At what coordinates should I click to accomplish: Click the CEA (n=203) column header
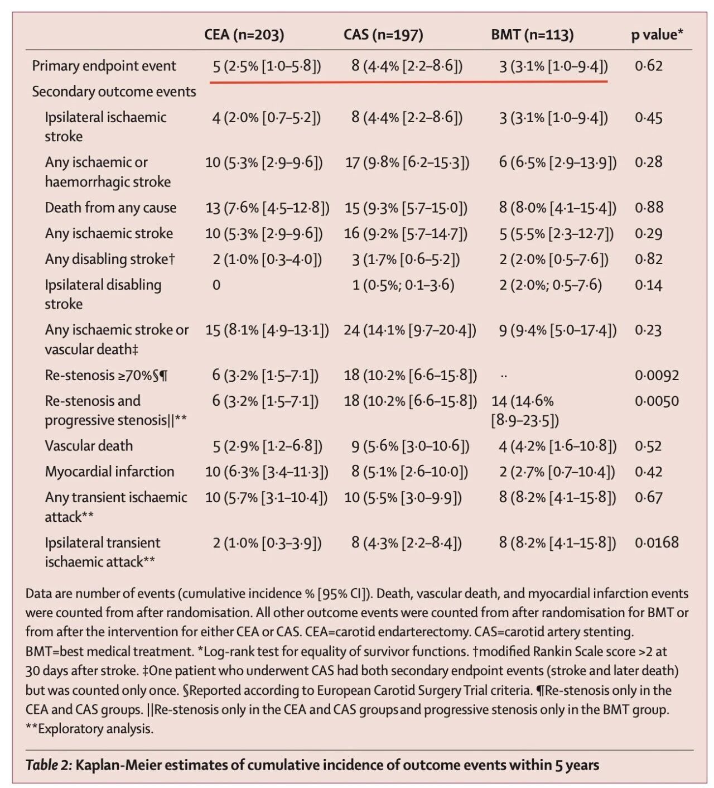244,35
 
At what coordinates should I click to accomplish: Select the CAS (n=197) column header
383,35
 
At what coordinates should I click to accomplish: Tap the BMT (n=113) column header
532,35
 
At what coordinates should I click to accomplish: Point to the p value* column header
657,35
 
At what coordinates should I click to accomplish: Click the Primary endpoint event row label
104,66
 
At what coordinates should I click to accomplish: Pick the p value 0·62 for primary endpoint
649,66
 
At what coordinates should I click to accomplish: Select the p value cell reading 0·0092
657,375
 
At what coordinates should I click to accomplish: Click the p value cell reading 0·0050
657,401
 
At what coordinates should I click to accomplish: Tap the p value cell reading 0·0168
657,542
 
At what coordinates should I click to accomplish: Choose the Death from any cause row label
110,208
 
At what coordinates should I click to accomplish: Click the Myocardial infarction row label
109,472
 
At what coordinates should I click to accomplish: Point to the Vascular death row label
89,446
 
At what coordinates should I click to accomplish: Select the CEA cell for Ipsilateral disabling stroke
216,285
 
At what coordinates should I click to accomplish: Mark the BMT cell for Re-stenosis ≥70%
504,376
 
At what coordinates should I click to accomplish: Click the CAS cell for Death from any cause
406,208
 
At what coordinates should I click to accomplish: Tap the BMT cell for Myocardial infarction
557,472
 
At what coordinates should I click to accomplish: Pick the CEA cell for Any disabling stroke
267,260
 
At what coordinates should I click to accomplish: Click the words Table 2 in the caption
49,765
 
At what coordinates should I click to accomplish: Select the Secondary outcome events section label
114,92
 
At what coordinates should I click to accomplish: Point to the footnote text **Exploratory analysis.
89,728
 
